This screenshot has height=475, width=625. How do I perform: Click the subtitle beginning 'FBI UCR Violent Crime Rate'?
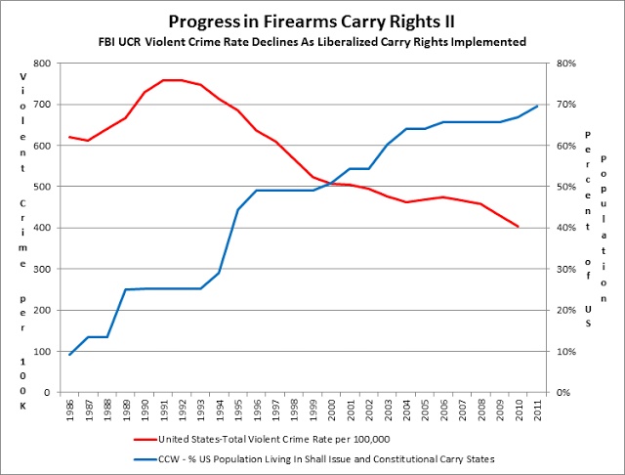pyautogui.click(x=313, y=42)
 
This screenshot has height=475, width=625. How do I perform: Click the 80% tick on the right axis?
pyautogui.click(x=567, y=64)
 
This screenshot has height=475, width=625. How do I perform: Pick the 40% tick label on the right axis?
pyautogui.click(x=567, y=228)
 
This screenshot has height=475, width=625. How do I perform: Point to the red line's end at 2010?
pyautogui.click(x=518, y=227)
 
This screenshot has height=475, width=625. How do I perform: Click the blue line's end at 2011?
pyautogui.click(x=536, y=106)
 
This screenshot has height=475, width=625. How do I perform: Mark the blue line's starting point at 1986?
pyautogui.click(x=69, y=355)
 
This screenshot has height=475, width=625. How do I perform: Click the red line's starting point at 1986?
pyautogui.click(x=69, y=137)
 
